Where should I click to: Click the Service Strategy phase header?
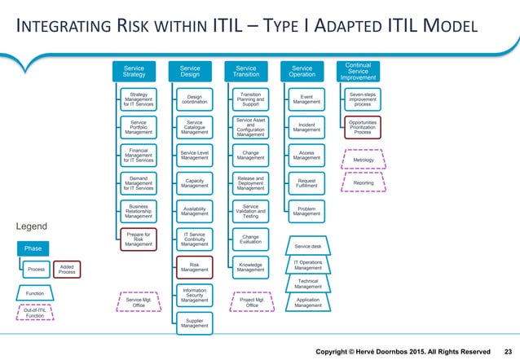[134, 71]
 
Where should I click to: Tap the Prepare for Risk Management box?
[138, 239]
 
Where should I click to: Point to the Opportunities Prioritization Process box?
[362, 130]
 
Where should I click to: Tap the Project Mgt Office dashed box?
[250, 301]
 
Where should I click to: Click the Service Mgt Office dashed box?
[137, 301]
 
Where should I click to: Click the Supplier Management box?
[194, 324]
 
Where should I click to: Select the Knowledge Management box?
[250, 266]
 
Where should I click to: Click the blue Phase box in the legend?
[33, 248]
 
